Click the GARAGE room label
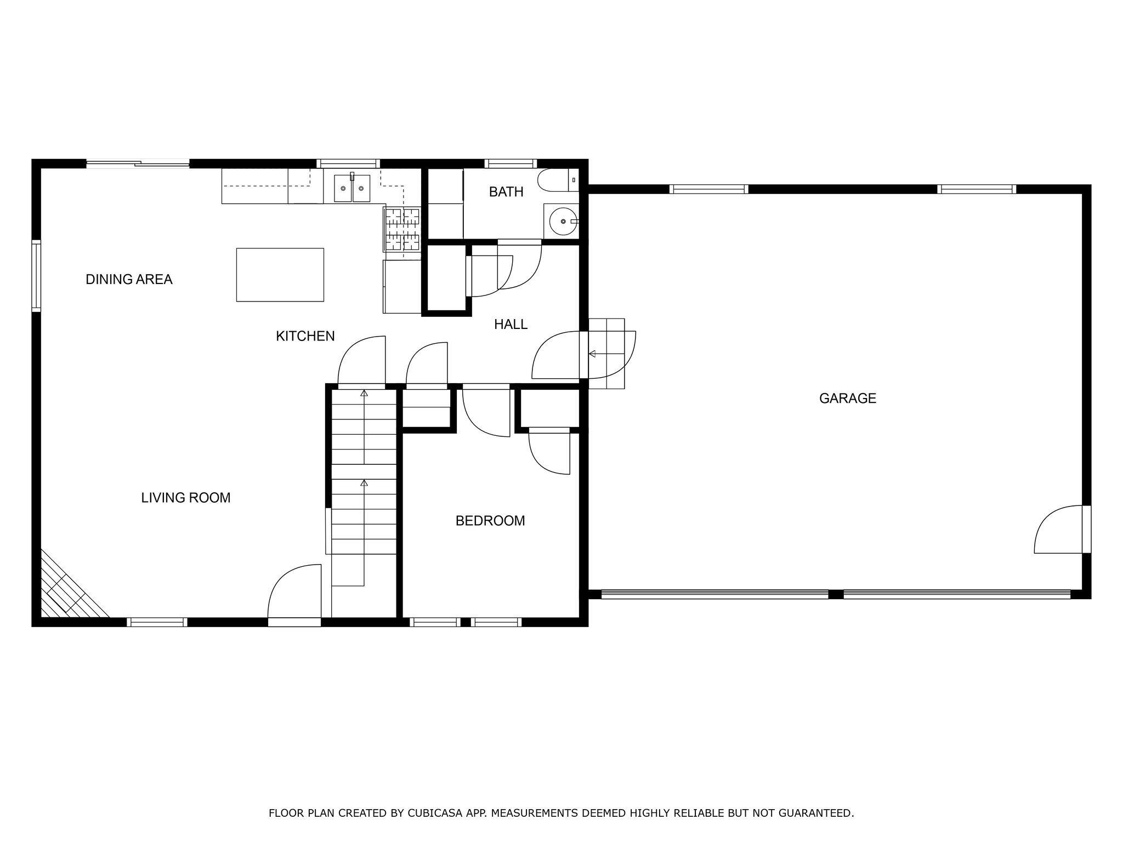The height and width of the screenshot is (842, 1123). coord(847,399)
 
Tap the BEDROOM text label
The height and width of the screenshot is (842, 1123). coord(490,521)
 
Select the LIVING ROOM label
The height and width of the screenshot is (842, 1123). coord(186,498)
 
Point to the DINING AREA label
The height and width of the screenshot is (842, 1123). coord(129,280)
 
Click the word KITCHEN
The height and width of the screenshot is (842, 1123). coord(305,336)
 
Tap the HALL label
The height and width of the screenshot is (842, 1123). coord(511,325)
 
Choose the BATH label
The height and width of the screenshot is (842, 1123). coord(506,192)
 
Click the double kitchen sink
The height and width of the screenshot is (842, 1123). coord(352,189)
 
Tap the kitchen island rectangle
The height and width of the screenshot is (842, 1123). coord(280,275)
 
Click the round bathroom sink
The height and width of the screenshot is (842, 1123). coord(561,221)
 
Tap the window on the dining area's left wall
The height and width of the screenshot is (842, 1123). coord(36,276)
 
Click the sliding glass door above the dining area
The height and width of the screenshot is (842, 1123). coord(138,163)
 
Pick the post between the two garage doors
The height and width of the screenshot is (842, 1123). coord(835,594)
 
